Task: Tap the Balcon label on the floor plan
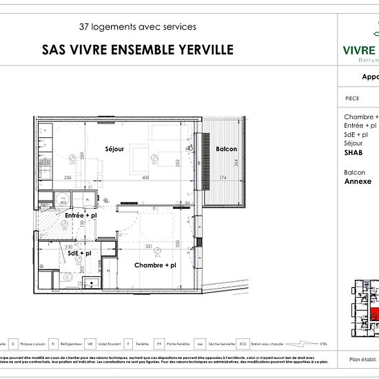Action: point(227,150)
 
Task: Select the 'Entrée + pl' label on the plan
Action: point(79,216)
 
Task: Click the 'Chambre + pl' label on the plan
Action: point(154,265)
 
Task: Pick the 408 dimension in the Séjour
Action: point(145,178)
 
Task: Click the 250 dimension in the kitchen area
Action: point(68,178)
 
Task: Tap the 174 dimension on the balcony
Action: point(223,178)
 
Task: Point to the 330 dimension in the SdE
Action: point(69,246)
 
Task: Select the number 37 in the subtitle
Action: point(85,27)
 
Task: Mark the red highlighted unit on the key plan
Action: point(373,315)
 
